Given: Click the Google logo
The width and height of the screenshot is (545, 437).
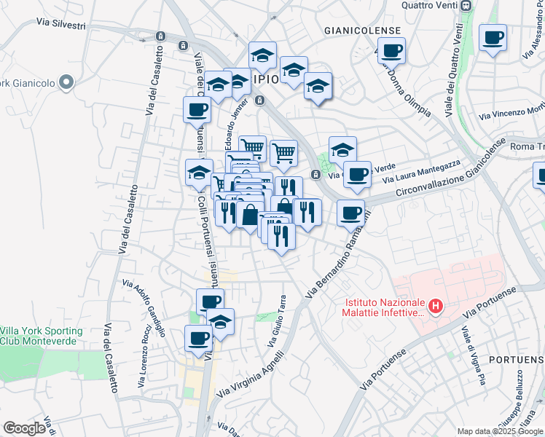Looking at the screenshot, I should point(24,428).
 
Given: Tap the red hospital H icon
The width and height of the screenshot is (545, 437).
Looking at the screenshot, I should point(436,307).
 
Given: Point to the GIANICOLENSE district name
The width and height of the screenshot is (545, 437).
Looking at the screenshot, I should point(364,30).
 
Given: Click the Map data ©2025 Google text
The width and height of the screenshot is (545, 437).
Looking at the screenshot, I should point(499,430).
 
